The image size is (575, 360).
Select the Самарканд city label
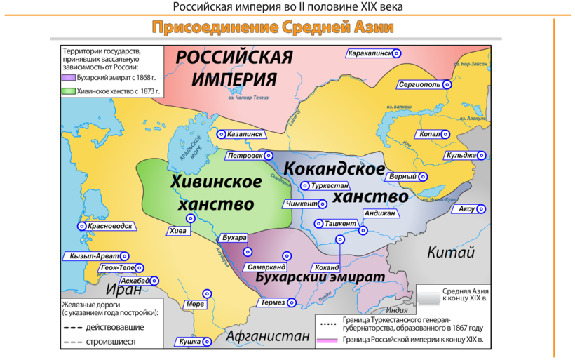click(266, 268)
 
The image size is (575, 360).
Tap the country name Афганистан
click(267, 336)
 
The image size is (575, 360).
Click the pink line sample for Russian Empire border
click(327, 340)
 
